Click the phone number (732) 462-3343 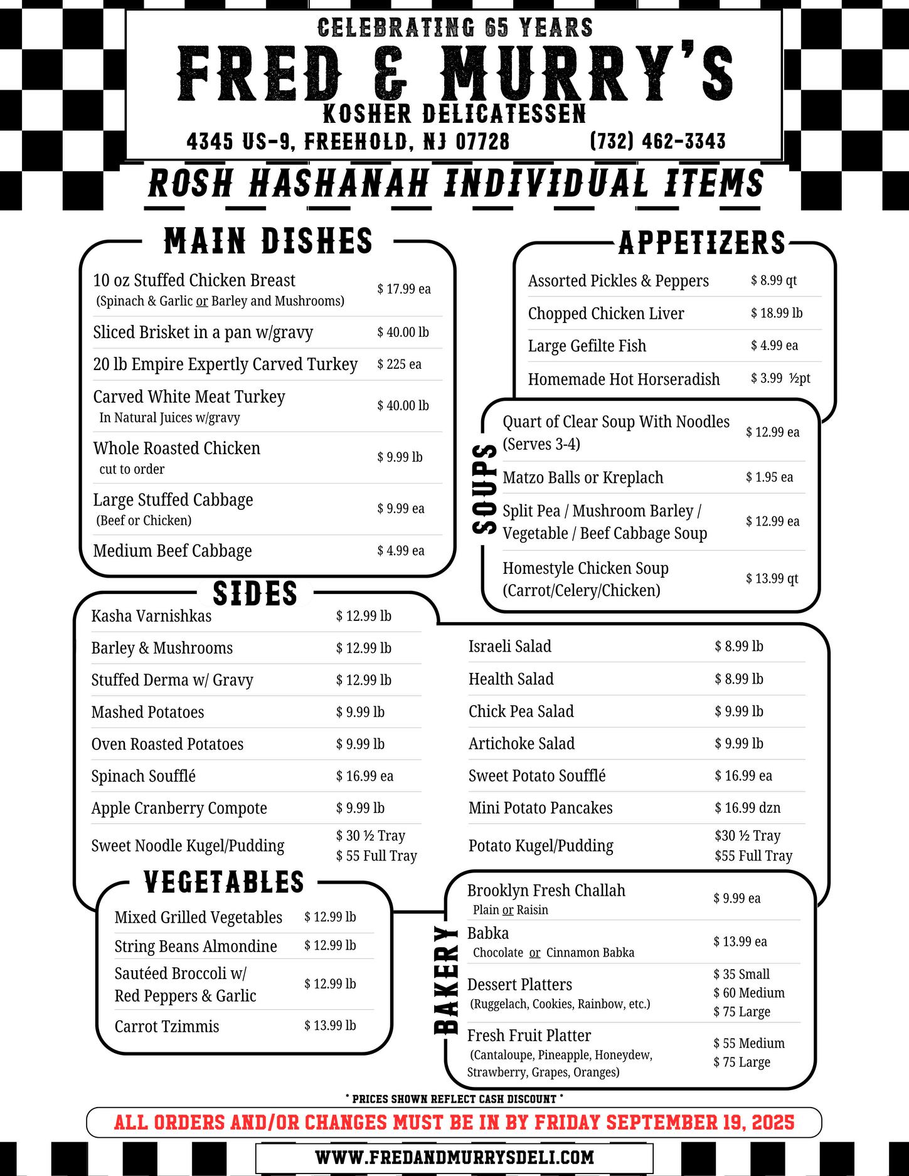pyautogui.click(x=657, y=141)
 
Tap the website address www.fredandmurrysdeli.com pyautogui.click(x=454, y=1157)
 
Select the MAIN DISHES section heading pyautogui.click(x=268, y=241)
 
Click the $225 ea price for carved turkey pyautogui.click(x=399, y=364)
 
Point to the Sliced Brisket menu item pyautogui.click(x=203, y=332)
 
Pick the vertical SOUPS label pyautogui.click(x=484, y=489)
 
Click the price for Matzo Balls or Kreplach pyautogui.click(x=769, y=477)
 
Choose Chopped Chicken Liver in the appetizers pyautogui.click(x=605, y=314)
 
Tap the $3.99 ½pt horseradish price pyautogui.click(x=780, y=378)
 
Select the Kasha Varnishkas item pyautogui.click(x=151, y=616)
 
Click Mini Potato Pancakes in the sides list pyautogui.click(x=540, y=808)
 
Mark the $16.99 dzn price pyautogui.click(x=747, y=808)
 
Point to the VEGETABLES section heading pyautogui.click(x=224, y=882)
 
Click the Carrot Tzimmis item pyautogui.click(x=166, y=1026)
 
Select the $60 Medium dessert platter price pyautogui.click(x=748, y=993)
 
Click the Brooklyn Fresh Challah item pyautogui.click(x=546, y=891)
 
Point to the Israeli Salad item pyautogui.click(x=509, y=646)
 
